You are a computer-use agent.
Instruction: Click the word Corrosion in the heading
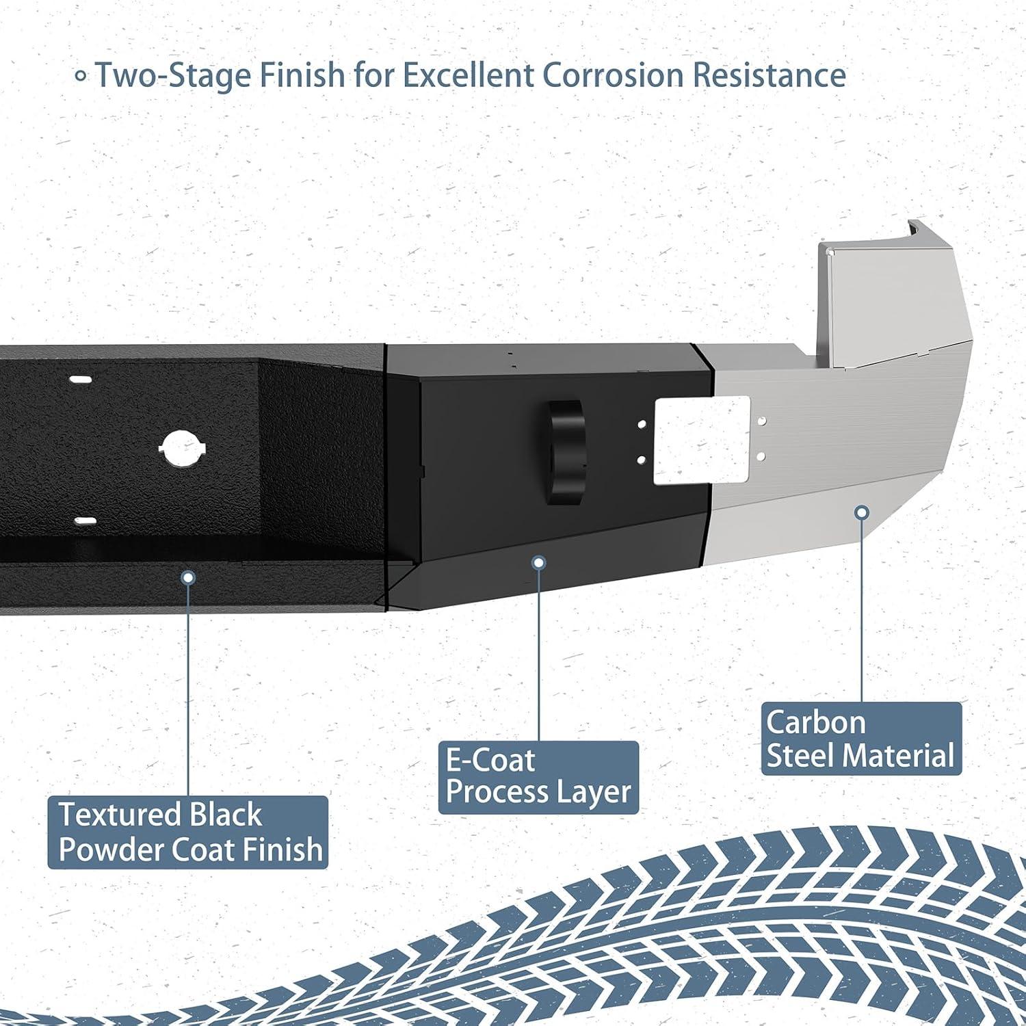tap(614, 75)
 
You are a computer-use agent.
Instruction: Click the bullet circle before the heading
tap(81, 76)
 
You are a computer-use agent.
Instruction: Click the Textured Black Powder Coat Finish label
tap(187, 832)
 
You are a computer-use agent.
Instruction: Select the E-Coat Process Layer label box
tap(538, 777)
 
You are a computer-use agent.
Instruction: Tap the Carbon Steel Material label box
tap(861, 739)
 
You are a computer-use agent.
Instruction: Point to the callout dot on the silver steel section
tap(863, 512)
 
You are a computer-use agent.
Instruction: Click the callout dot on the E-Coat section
tap(539, 563)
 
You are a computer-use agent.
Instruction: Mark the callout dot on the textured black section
tap(187, 577)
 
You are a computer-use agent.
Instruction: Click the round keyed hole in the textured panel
tap(183, 449)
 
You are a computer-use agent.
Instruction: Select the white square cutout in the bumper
tap(702, 441)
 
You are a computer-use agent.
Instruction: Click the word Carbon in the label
tap(815, 722)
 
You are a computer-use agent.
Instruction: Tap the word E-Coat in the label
tap(490, 760)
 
